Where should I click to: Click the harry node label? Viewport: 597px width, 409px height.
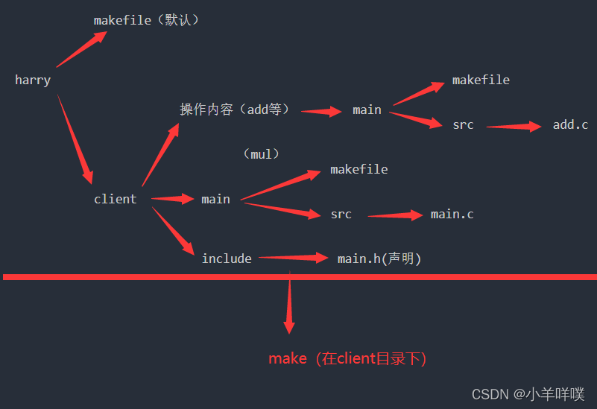[x=33, y=80]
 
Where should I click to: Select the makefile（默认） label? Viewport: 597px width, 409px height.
[x=147, y=20]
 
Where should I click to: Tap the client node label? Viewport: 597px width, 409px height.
[x=115, y=199]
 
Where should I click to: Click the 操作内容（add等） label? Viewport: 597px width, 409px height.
[x=234, y=110]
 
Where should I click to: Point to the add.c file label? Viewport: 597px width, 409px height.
[x=570, y=124]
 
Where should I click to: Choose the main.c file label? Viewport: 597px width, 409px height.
[x=452, y=214]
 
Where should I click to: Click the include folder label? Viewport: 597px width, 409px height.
[x=227, y=259]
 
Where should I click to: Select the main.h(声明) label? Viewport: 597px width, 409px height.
[x=379, y=259]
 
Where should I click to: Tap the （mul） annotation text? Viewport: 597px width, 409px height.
[x=261, y=154]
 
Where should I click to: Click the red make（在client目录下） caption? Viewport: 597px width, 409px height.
[x=347, y=358]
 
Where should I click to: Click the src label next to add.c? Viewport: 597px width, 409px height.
[x=463, y=124]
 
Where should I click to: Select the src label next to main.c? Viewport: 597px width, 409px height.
[x=341, y=214]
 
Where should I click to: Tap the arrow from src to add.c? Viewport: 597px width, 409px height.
[x=514, y=126]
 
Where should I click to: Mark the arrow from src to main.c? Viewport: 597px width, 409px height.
[x=396, y=215]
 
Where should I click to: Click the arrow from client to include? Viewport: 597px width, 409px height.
[x=173, y=232]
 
